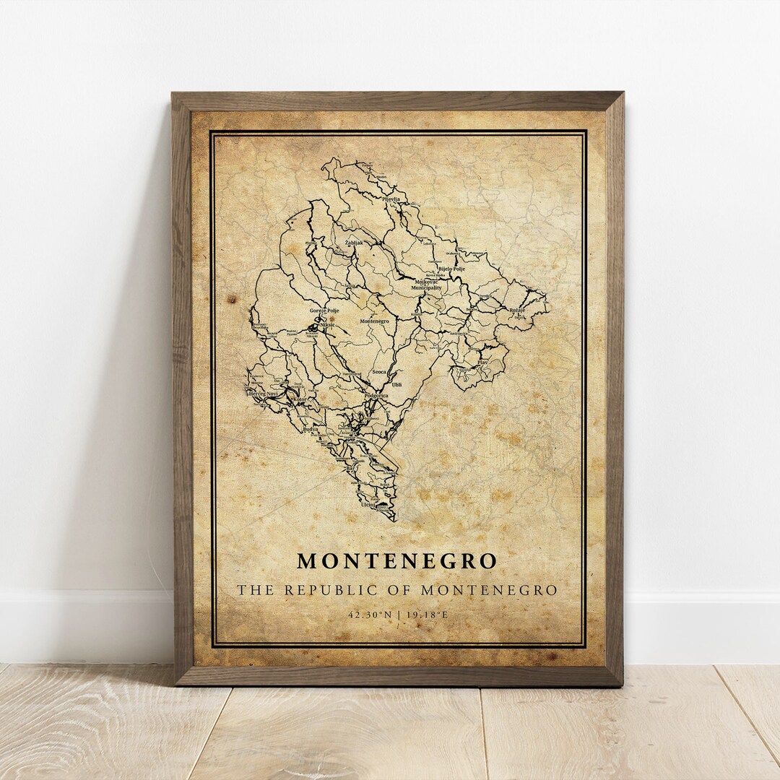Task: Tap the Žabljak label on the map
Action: [354, 243]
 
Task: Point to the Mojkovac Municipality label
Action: [426, 285]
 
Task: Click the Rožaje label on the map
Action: [517, 310]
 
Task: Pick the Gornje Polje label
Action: [324, 311]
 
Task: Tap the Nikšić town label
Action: [327, 326]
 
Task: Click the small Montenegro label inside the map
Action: [374, 321]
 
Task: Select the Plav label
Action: [483, 361]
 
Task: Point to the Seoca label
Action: [379, 371]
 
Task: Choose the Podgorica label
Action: [376, 396]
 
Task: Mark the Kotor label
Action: [300, 399]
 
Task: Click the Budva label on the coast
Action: [311, 429]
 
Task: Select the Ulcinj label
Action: [368, 505]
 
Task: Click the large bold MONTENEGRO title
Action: [397, 561]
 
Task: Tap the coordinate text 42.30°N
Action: [370, 615]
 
